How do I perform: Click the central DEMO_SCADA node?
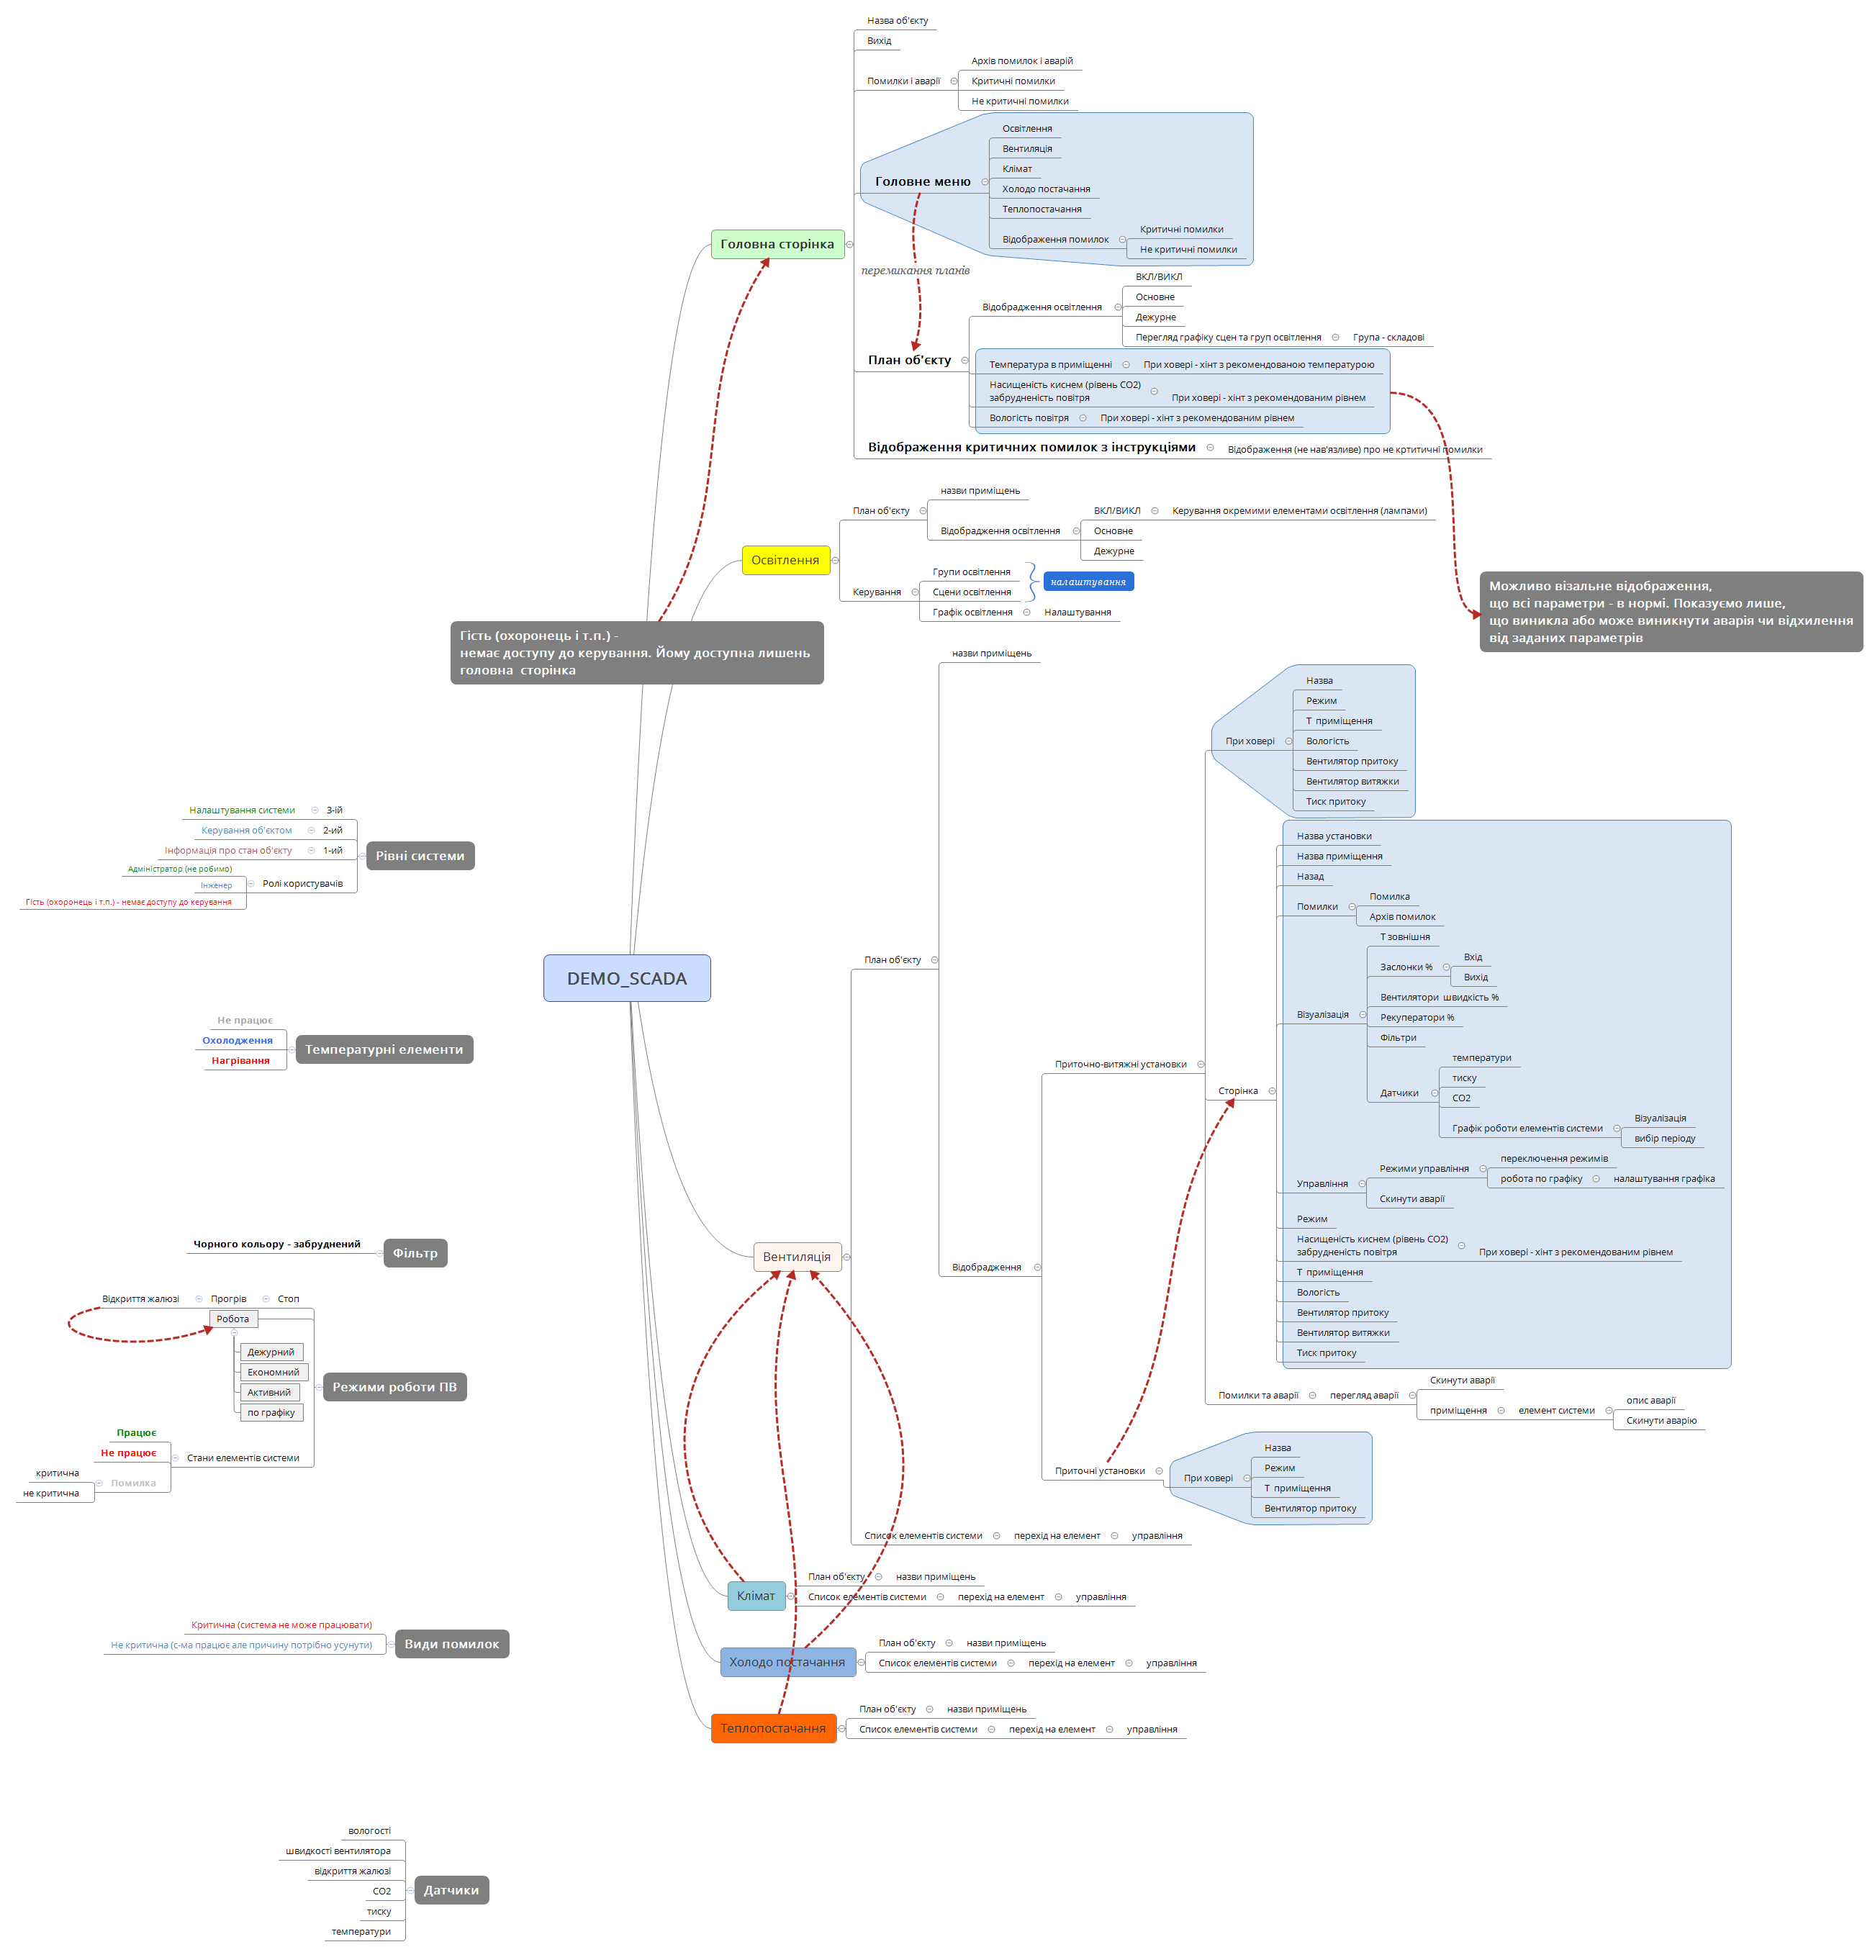pos(626,978)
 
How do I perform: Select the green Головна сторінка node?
pos(777,244)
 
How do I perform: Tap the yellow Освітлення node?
pos(785,560)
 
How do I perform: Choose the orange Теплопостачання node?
pos(773,1728)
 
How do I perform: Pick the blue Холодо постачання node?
pos(787,1661)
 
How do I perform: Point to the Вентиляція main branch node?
pos(797,1257)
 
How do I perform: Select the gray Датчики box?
pos(451,1890)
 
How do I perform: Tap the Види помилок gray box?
pos(451,1644)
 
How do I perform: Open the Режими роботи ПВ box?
pos(394,1387)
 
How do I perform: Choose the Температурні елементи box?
pos(384,1049)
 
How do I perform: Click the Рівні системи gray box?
pos(419,856)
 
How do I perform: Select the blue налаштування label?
pos(1088,582)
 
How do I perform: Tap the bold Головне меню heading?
pos(922,181)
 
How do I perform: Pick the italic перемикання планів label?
pos(915,270)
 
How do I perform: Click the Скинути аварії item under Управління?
pos(1411,1199)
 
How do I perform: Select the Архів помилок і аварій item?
pos(1021,60)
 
